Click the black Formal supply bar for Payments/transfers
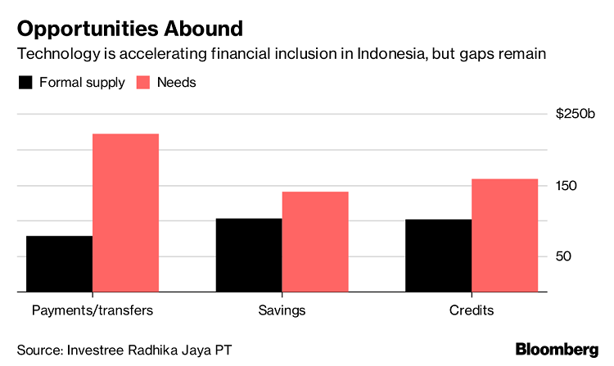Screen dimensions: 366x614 point(59,264)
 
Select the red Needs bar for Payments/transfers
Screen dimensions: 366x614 point(125,212)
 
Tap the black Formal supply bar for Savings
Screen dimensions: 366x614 point(249,255)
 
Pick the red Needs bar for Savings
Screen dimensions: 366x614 point(315,242)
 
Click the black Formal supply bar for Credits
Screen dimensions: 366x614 point(438,255)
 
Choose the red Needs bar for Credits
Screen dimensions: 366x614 point(504,235)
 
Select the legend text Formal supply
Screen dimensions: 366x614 point(81,83)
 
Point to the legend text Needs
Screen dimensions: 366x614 point(177,83)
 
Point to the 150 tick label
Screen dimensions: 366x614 point(567,185)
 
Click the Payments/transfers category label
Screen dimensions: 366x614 point(92,311)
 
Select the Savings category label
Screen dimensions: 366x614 point(282,311)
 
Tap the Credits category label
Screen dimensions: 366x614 point(472,311)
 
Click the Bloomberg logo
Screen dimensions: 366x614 point(557,350)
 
